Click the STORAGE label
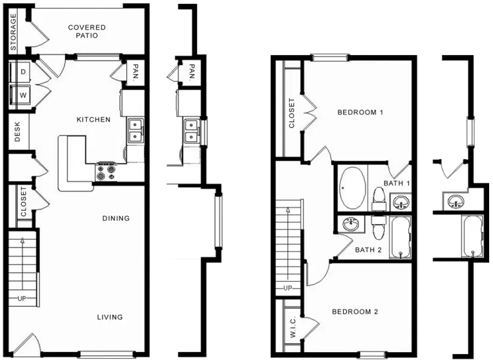pyautogui.click(x=13, y=32)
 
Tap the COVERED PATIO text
pyautogui.click(x=87, y=32)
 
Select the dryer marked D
pyautogui.click(x=20, y=72)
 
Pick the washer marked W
pyautogui.click(x=20, y=95)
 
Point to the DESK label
pyautogui.click(x=17, y=131)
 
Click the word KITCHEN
pyautogui.click(x=94, y=120)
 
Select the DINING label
pyautogui.click(x=116, y=218)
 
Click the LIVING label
pyautogui.click(x=110, y=317)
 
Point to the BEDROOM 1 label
pyautogui.click(x=360, y=112)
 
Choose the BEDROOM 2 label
pyautogui.click(x=355, y=311)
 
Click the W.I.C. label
pyautogui.click(x=293, y=326)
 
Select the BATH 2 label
pyautogui.click(x=368, y=250)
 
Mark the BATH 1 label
pyautogui.click(x=397, y=183)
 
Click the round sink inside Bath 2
pyautogui.click(x=352, y=224)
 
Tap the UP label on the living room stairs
pyautogui.click(x=22, y=298)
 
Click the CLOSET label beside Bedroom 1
pyautogui.click(x=292, y=113)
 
